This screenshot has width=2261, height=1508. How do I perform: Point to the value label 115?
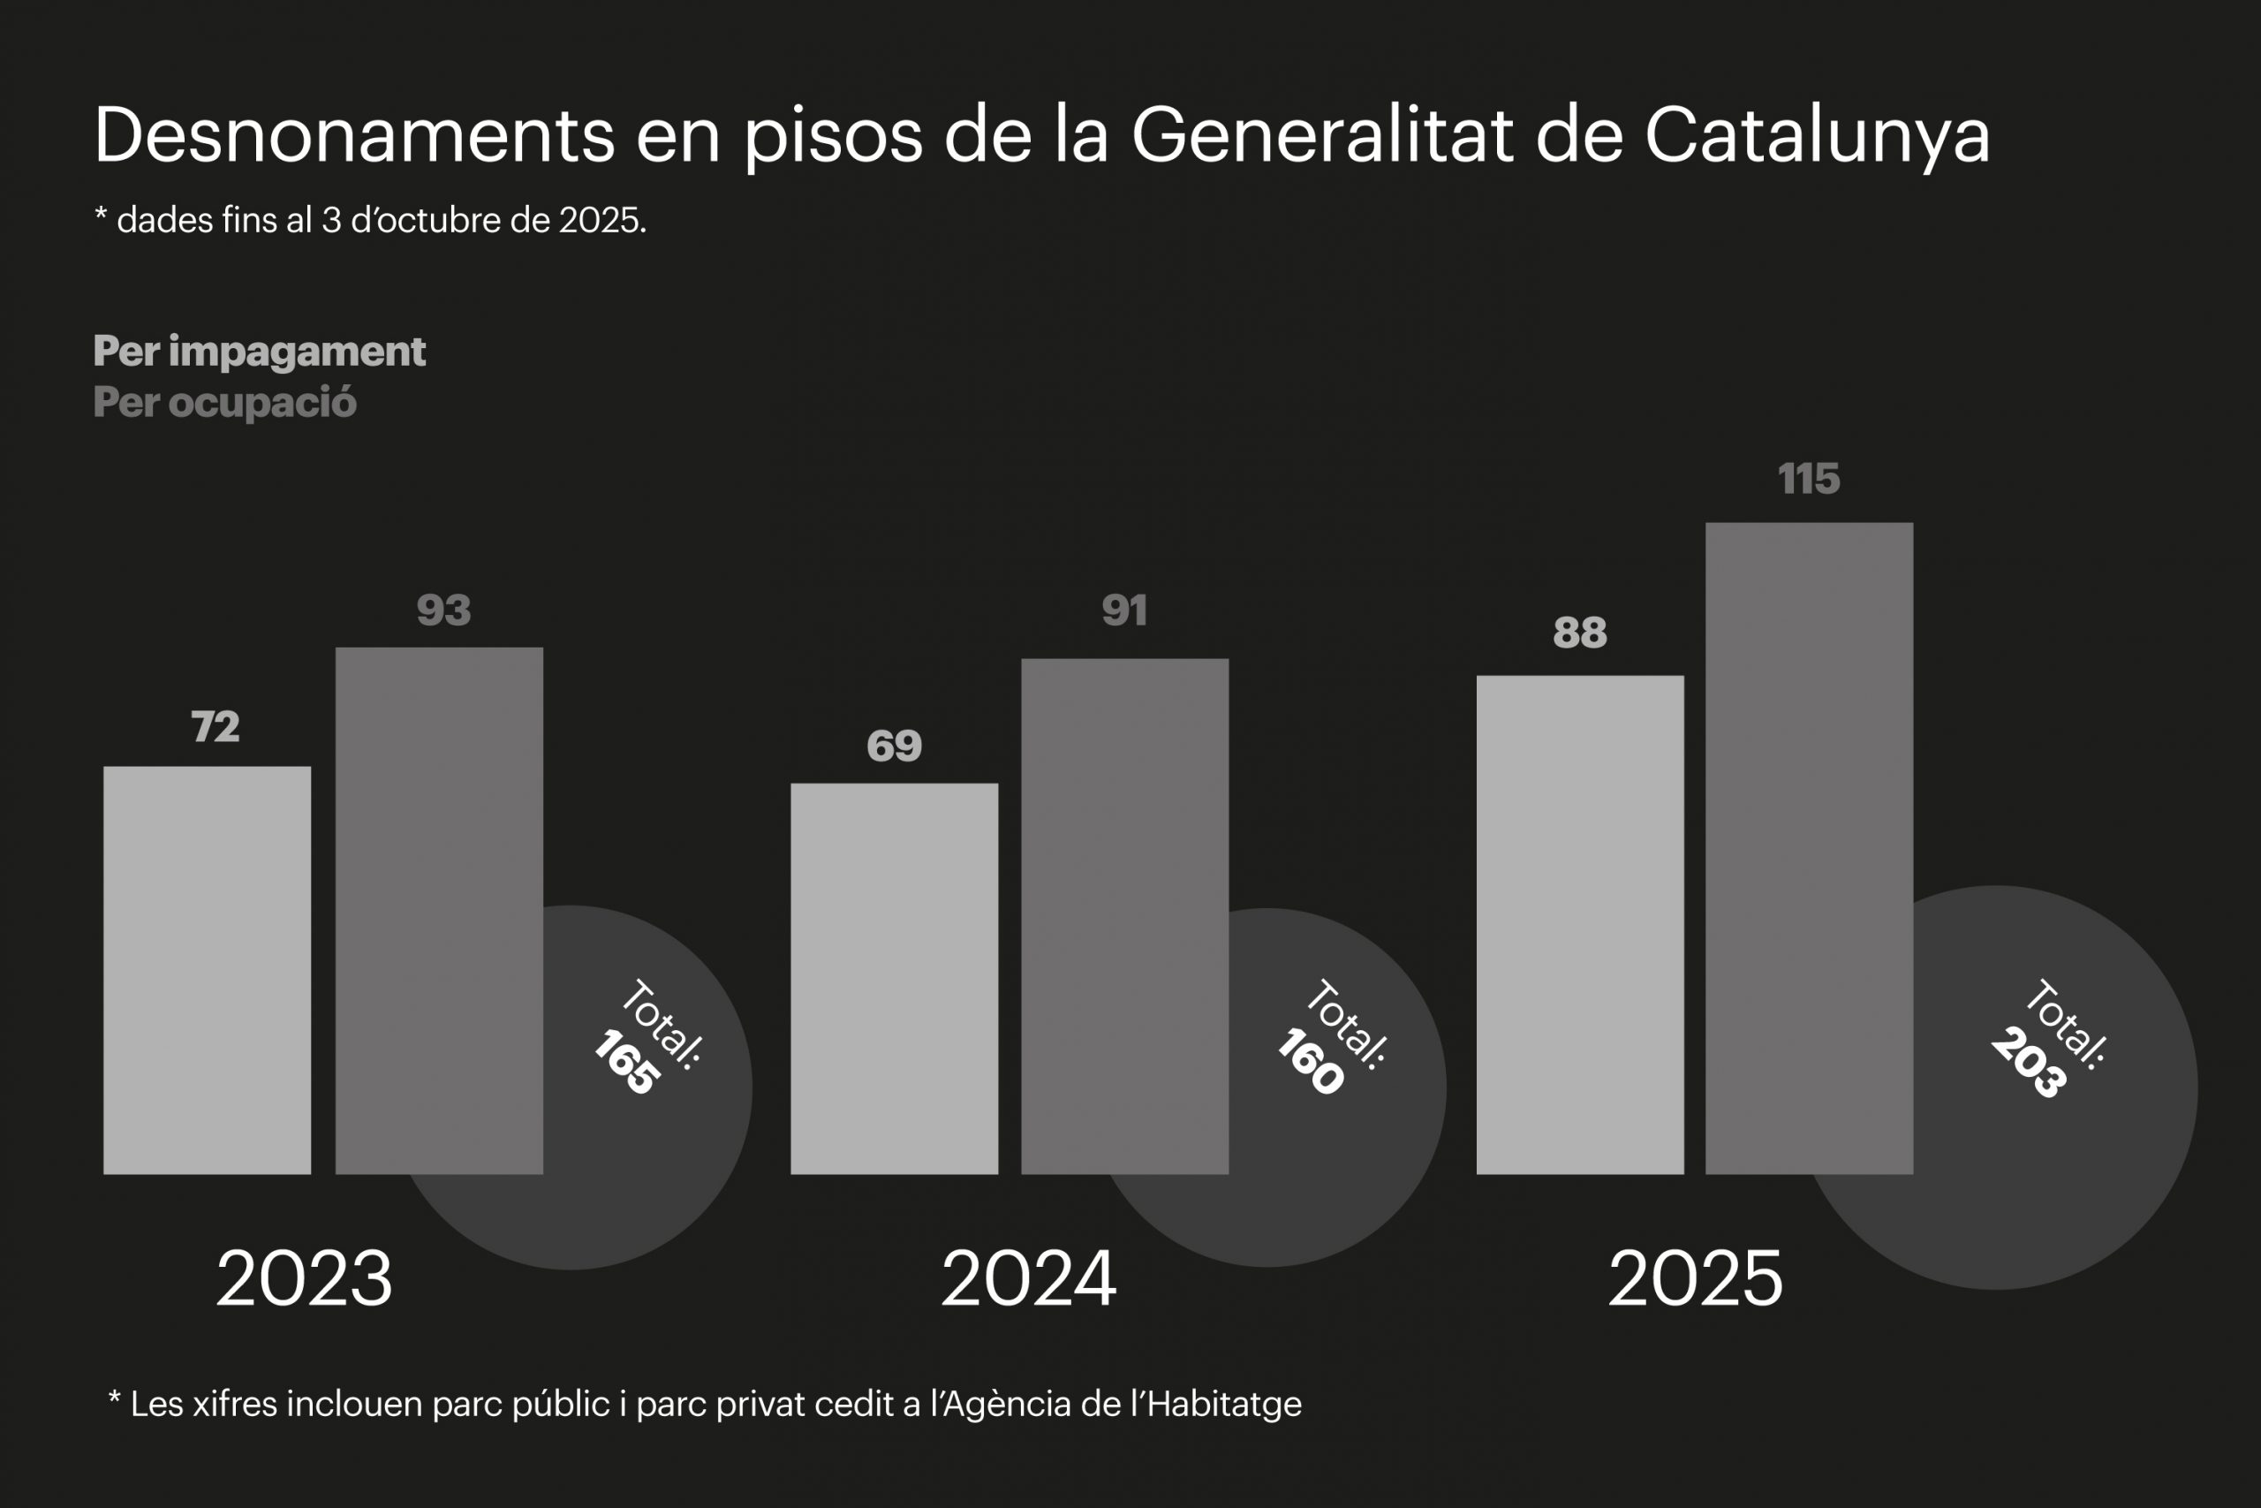tap(1808, 479)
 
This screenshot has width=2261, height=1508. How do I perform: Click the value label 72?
tap(216, 727)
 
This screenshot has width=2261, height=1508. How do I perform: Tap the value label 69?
tap(894, 746)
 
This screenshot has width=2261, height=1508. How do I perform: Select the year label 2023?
tap(304, 1279)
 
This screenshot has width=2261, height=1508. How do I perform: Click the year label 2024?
tap(1029, 1279)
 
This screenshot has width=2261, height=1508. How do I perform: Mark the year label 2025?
tap(1696, 1279)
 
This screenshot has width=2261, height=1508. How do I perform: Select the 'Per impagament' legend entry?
tap(259, 351)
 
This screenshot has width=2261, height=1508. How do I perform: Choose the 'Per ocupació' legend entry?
tap(224, 402)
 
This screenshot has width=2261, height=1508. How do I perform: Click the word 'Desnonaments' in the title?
tap(354, 134)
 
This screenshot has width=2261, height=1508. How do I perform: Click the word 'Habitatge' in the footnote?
tap(1224, 1404)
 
